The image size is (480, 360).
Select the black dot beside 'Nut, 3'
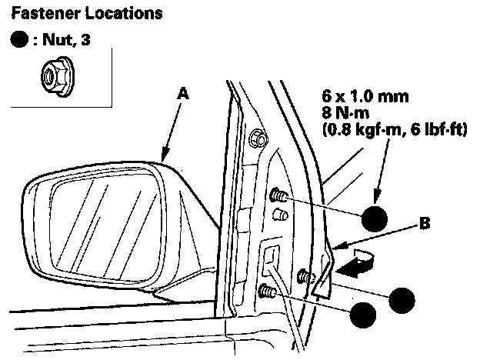pos(20,39)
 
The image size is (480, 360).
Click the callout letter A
pos(182,92)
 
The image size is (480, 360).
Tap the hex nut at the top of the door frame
pos(258,139)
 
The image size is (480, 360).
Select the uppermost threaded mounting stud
pos(278,197)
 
